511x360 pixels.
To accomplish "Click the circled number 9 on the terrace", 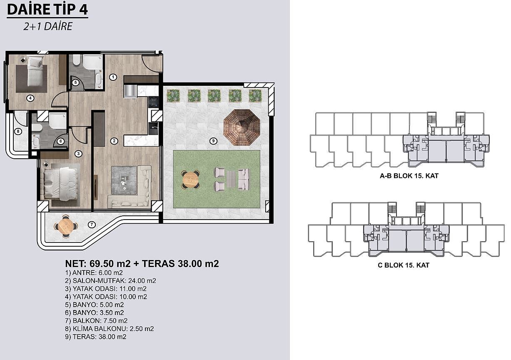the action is pos(213,141).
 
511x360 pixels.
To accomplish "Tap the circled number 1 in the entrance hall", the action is pos(113,77).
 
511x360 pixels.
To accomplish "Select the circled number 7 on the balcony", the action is pos(92,225).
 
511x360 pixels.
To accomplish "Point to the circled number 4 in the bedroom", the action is pos(30,98).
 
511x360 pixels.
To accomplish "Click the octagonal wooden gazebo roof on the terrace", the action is pos(242,127).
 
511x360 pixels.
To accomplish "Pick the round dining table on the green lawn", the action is pos(190,180).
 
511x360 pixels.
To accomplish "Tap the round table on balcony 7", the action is pos(66,226).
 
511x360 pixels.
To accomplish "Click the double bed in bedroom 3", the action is pos(60,184).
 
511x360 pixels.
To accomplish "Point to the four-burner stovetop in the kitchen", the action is pos(153,102).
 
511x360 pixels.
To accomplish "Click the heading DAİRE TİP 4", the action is pos(47,9).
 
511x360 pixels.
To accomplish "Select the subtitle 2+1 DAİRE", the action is pos(47,26).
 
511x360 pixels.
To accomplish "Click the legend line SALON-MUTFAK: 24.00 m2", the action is pos(110,280).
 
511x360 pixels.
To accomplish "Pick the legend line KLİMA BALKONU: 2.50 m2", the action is pos(110,329).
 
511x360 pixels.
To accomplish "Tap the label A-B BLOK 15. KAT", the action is pos(409,176).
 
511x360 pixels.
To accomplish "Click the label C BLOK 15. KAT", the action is pos(404,265).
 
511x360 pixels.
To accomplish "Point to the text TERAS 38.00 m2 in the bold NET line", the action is pos(180,264).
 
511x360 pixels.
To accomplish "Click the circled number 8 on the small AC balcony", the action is pos(18,131).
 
